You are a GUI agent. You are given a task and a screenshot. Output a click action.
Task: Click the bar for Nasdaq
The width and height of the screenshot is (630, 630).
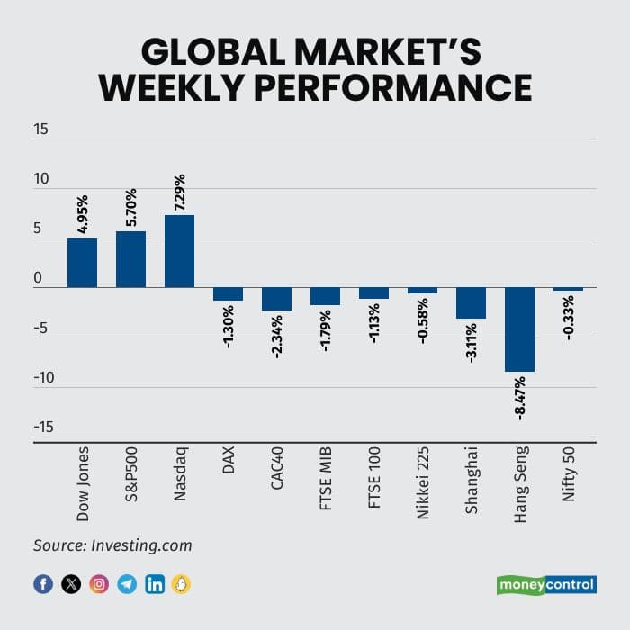179,251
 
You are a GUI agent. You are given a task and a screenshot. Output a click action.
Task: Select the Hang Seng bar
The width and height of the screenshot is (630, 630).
519,329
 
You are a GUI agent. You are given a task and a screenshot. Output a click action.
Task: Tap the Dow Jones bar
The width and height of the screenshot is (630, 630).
82,263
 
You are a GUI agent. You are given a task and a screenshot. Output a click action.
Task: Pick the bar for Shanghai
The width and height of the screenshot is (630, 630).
471,303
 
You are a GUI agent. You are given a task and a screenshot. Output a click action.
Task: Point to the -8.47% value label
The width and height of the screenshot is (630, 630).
520,397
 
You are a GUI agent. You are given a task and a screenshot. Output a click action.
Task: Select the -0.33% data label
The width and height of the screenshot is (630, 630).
569,316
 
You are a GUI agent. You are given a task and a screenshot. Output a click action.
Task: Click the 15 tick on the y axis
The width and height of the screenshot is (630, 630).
41,130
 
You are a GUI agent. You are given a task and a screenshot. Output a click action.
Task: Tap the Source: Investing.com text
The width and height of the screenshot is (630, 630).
112,545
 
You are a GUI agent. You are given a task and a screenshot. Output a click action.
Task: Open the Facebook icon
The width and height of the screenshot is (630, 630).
43,584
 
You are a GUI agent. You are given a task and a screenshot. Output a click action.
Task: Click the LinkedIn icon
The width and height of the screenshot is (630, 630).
155,584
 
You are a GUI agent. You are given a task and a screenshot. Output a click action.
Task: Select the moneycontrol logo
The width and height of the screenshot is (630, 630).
546,585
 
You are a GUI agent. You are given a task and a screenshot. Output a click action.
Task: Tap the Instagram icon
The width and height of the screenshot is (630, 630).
99,584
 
